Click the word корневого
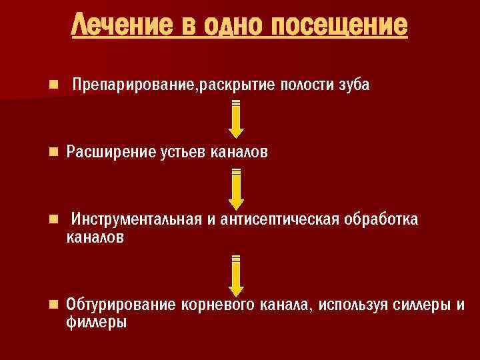tap(214, 306)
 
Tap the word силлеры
tap(419, 306)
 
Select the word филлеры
tap(97, 323)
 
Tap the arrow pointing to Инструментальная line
tap(236, 189)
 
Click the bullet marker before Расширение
tap(53, 153)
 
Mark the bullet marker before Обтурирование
tap(53, 305)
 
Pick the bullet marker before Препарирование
tap(53, 86)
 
